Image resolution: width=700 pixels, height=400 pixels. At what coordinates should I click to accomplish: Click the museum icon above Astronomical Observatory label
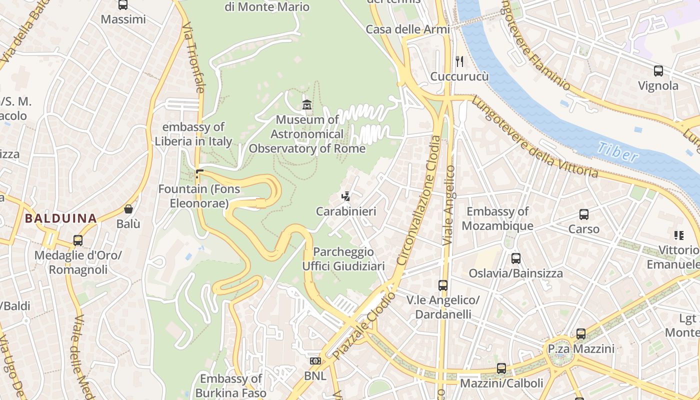(307, 104)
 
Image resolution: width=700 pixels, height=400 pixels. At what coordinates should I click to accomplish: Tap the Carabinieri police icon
(345, 196)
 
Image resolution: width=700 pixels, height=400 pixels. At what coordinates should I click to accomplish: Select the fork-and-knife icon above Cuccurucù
(459, 61)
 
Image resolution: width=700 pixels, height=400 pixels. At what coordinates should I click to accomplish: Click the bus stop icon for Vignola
(658, 71)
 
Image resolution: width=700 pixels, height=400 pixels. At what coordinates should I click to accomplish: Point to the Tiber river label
(618, 152)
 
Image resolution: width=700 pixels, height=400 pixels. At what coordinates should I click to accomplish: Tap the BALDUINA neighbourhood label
(60, 218)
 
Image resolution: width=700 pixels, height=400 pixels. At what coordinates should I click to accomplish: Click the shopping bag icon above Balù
(128, 209)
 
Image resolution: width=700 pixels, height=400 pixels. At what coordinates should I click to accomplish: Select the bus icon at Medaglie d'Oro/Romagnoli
(78, 240)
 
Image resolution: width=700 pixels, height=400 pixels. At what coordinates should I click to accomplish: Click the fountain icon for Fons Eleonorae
(199, 174)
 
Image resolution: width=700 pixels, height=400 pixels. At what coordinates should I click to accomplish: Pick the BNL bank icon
(315, 361)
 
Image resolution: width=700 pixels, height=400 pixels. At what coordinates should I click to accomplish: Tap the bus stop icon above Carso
(583, 214)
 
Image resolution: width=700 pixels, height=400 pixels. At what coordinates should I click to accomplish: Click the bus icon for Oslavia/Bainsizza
(515, 258)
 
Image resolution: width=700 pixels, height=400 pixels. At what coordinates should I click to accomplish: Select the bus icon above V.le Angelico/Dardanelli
(442, 285)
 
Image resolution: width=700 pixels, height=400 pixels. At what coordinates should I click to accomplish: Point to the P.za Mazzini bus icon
(580, 333)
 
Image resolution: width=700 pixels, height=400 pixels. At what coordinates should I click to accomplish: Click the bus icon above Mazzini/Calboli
(501, 368)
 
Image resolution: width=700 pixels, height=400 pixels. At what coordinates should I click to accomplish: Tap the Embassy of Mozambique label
(497, 218)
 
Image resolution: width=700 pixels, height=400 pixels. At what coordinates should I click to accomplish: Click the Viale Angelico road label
(449, 205)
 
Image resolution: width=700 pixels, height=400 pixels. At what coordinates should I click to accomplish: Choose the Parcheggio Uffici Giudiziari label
(343, 259)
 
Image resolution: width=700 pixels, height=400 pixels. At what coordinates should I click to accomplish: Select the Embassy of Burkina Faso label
(231, 385)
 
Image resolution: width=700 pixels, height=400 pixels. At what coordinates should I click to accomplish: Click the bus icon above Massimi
(123, 5)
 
